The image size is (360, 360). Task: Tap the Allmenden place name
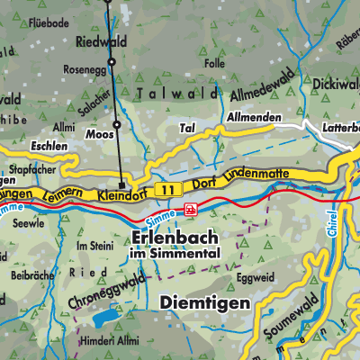point(247,118)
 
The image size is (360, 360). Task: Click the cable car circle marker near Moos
point(117,123)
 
